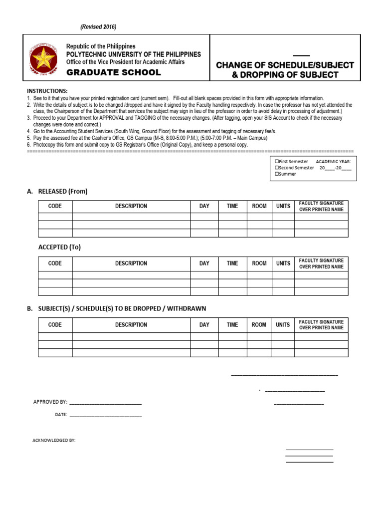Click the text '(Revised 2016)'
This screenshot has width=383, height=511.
(99, 26)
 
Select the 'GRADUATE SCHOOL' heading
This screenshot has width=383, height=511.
(114, 72)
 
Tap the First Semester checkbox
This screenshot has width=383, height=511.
(277, 162)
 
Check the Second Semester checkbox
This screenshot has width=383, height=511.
(277, 168)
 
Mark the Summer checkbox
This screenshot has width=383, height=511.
(277, 174)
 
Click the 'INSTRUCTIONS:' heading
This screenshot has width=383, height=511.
(47, 91)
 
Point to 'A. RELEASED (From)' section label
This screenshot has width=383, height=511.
(58, 191)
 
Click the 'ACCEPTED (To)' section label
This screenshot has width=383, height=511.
(59, 247)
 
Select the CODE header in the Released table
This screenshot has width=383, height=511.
(55, 206)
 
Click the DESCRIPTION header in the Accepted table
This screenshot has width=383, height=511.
(131, 263)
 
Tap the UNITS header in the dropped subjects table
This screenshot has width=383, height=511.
(283, 325)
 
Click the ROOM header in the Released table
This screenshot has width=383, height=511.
(259, 206)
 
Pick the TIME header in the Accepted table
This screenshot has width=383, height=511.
(232, 263)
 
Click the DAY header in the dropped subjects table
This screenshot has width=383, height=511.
(204, 325)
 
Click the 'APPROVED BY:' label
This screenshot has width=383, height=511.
(50, 402)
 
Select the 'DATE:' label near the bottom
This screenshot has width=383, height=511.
(61, 414)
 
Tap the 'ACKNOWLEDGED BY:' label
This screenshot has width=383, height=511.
(54, 441)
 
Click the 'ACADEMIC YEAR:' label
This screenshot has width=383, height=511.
(334, 162)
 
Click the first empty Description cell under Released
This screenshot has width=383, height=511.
(131, 217)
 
